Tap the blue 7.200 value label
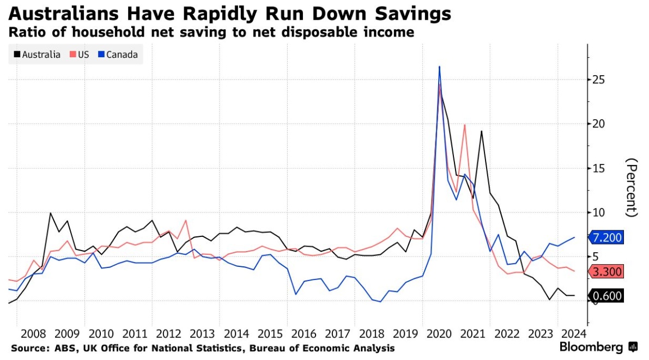(608, 237)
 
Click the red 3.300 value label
(608, 272)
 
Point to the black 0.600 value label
(608, 296)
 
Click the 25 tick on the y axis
(600, 80)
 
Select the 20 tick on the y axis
(600, 124)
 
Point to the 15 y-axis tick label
(600, 168)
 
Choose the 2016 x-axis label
(304, 333)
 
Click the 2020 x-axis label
(439, 333)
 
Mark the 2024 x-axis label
(574, 333)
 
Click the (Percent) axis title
(632, 187)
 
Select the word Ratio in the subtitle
(26, 33)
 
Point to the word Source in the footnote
(28, 348)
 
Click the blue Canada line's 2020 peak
(439, 67)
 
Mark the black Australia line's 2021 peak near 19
(482, 131)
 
